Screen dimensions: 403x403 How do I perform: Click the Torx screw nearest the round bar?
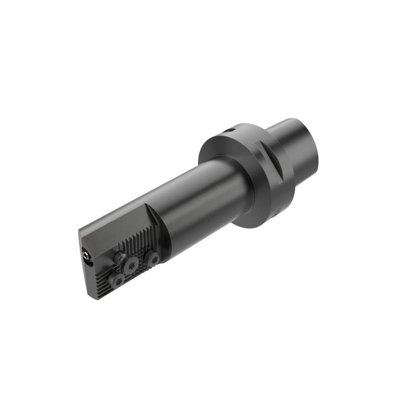point(151,259)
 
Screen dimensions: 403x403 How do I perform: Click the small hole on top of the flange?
point(231,130)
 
